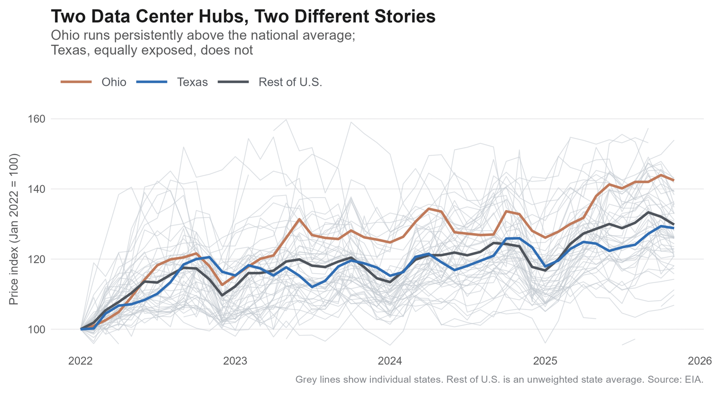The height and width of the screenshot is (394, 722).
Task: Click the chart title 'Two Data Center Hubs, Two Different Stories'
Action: [x=243, y=17]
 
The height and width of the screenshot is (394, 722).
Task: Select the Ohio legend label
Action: [x=114, y=82]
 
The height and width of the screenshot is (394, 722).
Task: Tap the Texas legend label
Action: [x=192, y=82]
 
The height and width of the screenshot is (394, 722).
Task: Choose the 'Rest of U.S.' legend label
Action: [x=290, y=82]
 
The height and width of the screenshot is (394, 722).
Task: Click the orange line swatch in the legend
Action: [x=76, y=82]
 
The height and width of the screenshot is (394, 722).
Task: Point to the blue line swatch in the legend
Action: [x=152, y=82]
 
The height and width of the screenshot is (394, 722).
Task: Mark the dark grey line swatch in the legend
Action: [x=233, y=82]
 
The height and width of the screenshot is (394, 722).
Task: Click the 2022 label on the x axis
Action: [x=80, y=361]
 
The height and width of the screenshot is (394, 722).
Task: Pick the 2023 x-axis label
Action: [x=235, y=361]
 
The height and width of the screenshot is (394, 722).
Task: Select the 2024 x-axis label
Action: [x=390, y=361]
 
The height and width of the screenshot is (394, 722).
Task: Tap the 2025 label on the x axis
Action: [x=545, y=361]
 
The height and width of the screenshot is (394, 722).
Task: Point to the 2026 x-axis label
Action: [x=699, y=361]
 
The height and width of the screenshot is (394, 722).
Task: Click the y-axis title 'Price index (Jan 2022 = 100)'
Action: [x=14, y=229]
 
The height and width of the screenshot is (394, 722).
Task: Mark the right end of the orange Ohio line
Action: [x=674, y=180]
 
